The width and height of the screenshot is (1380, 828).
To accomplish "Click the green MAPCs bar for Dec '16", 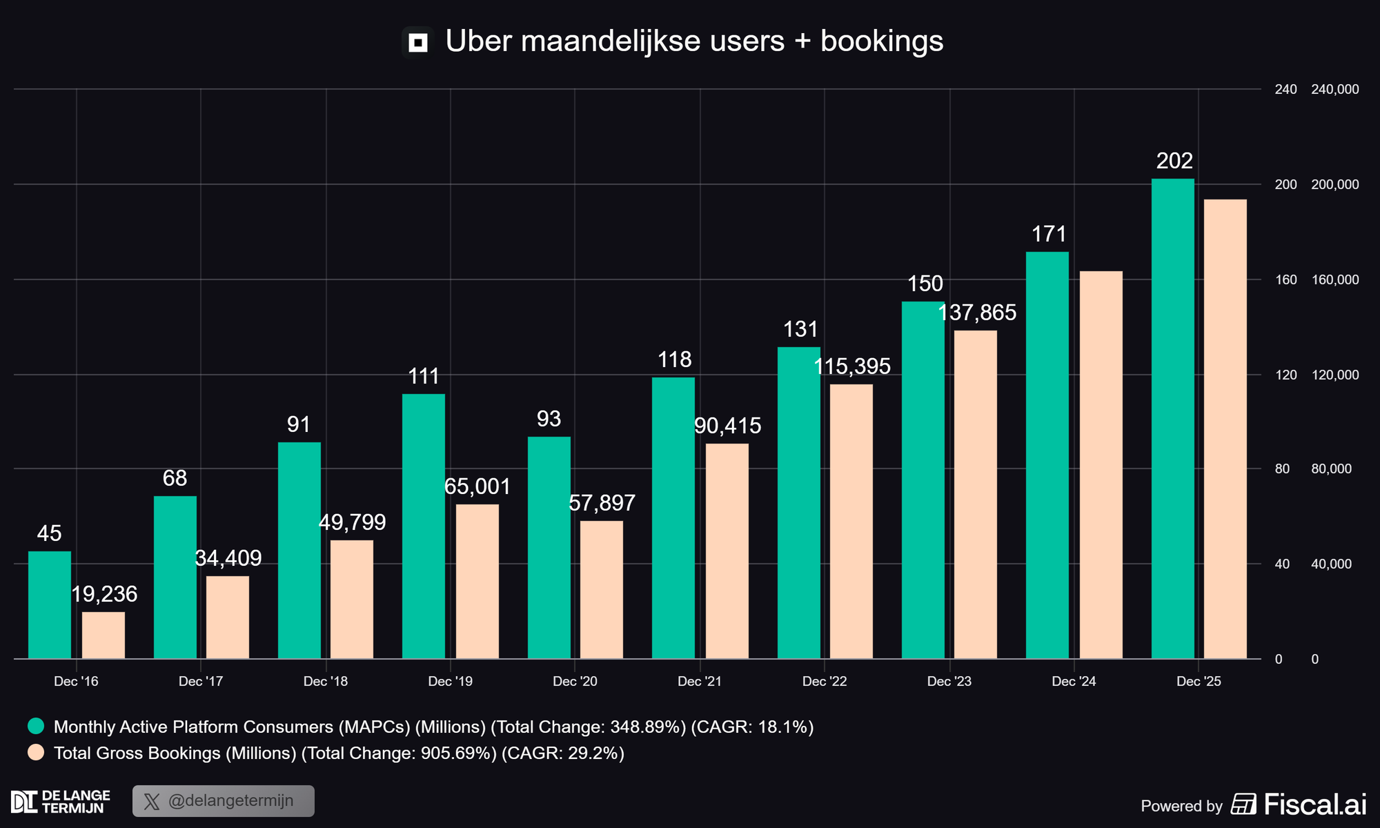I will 50,604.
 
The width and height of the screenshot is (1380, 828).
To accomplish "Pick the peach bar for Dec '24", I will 1101,465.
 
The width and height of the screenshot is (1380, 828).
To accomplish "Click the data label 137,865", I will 976,313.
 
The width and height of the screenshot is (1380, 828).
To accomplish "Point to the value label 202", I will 1174,161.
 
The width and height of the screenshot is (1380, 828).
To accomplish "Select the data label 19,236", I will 104,594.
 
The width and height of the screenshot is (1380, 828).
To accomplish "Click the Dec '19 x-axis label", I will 450,682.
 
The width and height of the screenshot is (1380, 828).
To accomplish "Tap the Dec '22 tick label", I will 825,682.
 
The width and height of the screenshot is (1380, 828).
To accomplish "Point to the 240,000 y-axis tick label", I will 1334,89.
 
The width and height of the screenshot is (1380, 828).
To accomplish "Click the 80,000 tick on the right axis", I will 1331,469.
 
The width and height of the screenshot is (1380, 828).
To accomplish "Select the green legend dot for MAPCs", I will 36,726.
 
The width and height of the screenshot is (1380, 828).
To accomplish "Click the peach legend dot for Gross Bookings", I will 36,753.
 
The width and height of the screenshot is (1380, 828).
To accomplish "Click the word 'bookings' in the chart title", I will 881,41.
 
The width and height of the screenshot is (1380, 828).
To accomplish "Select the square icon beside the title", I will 418,43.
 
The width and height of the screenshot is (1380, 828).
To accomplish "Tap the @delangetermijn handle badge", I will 224,801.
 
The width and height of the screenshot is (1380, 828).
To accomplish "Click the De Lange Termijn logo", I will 61,802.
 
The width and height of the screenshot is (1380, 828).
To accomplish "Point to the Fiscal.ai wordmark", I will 1315,805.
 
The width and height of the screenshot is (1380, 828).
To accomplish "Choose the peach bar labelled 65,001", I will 477,581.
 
